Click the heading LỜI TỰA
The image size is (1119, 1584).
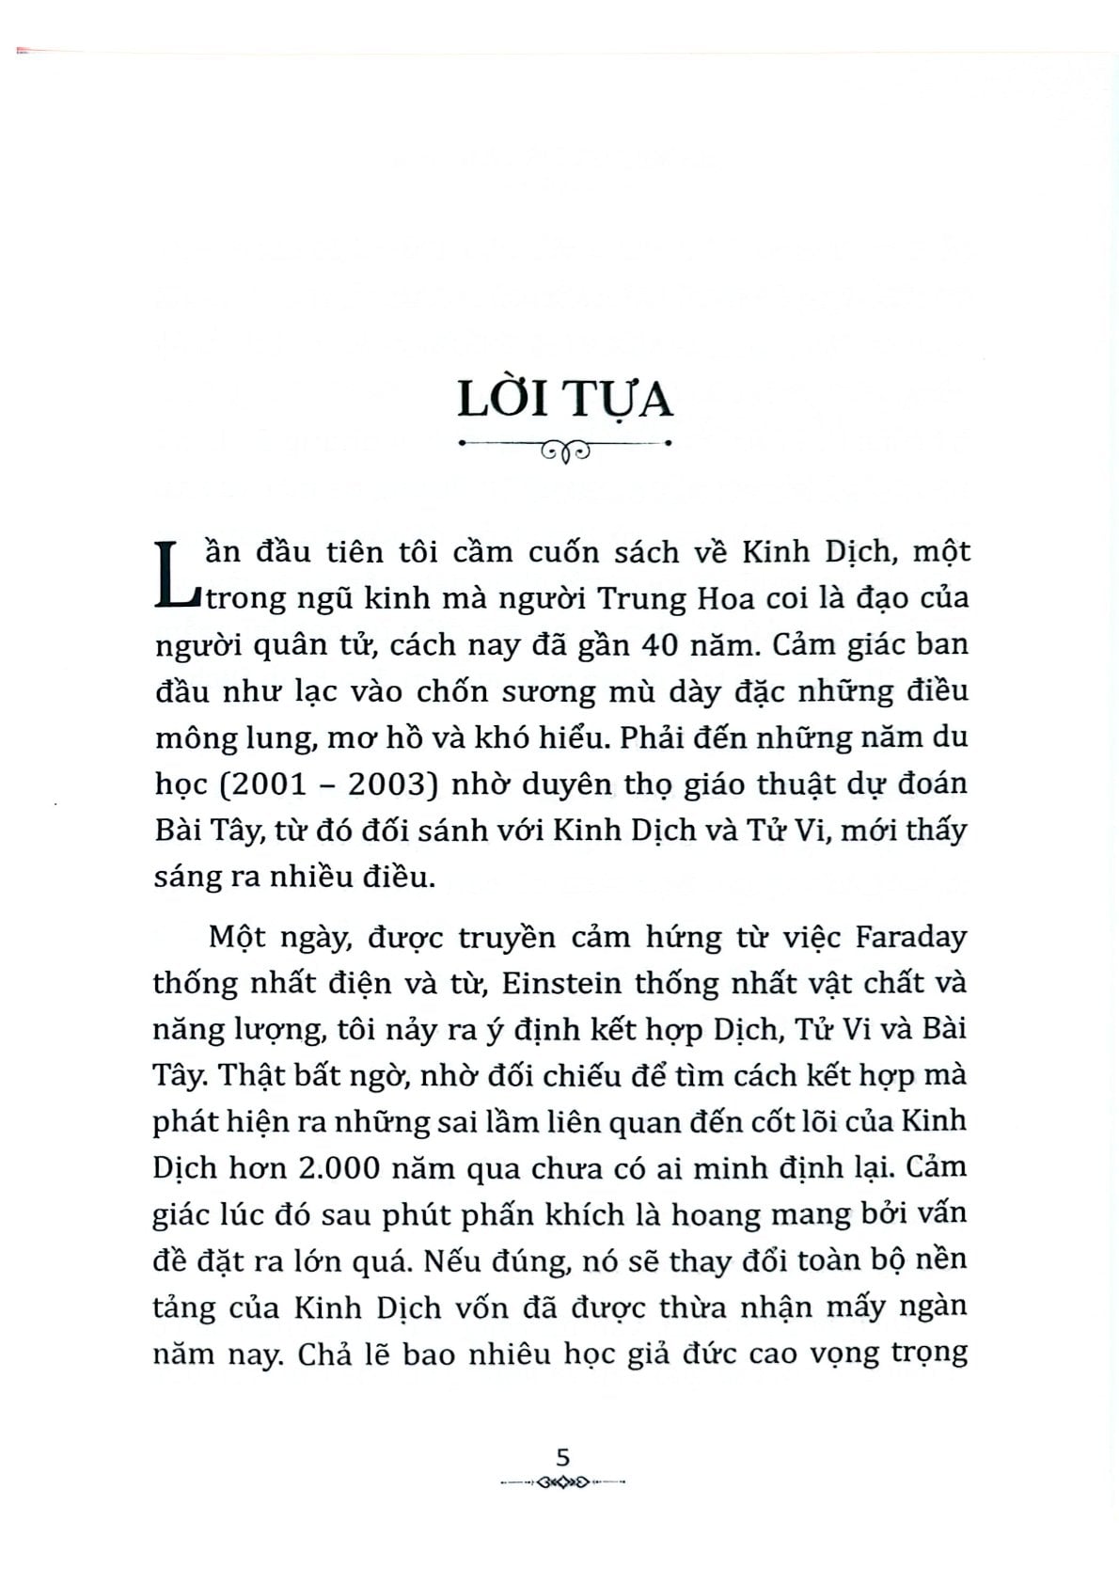tap(564, 399)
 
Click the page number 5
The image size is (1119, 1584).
tap(563, 1458)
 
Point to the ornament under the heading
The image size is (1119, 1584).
tap(564, 451)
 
